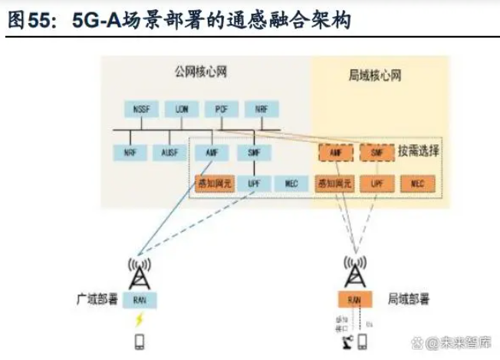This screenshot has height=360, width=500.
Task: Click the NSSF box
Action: click(x=140, y=110)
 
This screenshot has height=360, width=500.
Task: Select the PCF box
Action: click(x=222, y=110)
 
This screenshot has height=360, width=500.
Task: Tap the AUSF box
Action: click(x=170, y=152)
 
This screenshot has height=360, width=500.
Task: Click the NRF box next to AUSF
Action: click(x=130, y=152)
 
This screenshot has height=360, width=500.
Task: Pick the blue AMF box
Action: click(x=212, y=152)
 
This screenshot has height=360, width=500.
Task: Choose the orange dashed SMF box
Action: click(x=376, y=152)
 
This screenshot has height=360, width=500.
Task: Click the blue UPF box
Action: click(x=254, y=183)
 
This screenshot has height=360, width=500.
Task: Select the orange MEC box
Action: click(x=418, y=183)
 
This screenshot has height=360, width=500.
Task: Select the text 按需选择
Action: click(x=418, y=151)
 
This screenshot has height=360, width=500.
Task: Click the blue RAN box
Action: click(x=140, y=299)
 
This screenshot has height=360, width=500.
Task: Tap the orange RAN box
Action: click(x=354, y=299)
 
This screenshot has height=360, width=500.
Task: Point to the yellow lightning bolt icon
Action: click(x=140, y=319)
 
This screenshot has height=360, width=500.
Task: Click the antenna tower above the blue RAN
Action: click(x=140, y=272)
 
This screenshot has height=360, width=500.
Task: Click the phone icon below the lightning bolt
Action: click(x=140, y=340)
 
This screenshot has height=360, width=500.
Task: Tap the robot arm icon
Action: click(x=343, y=340)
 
